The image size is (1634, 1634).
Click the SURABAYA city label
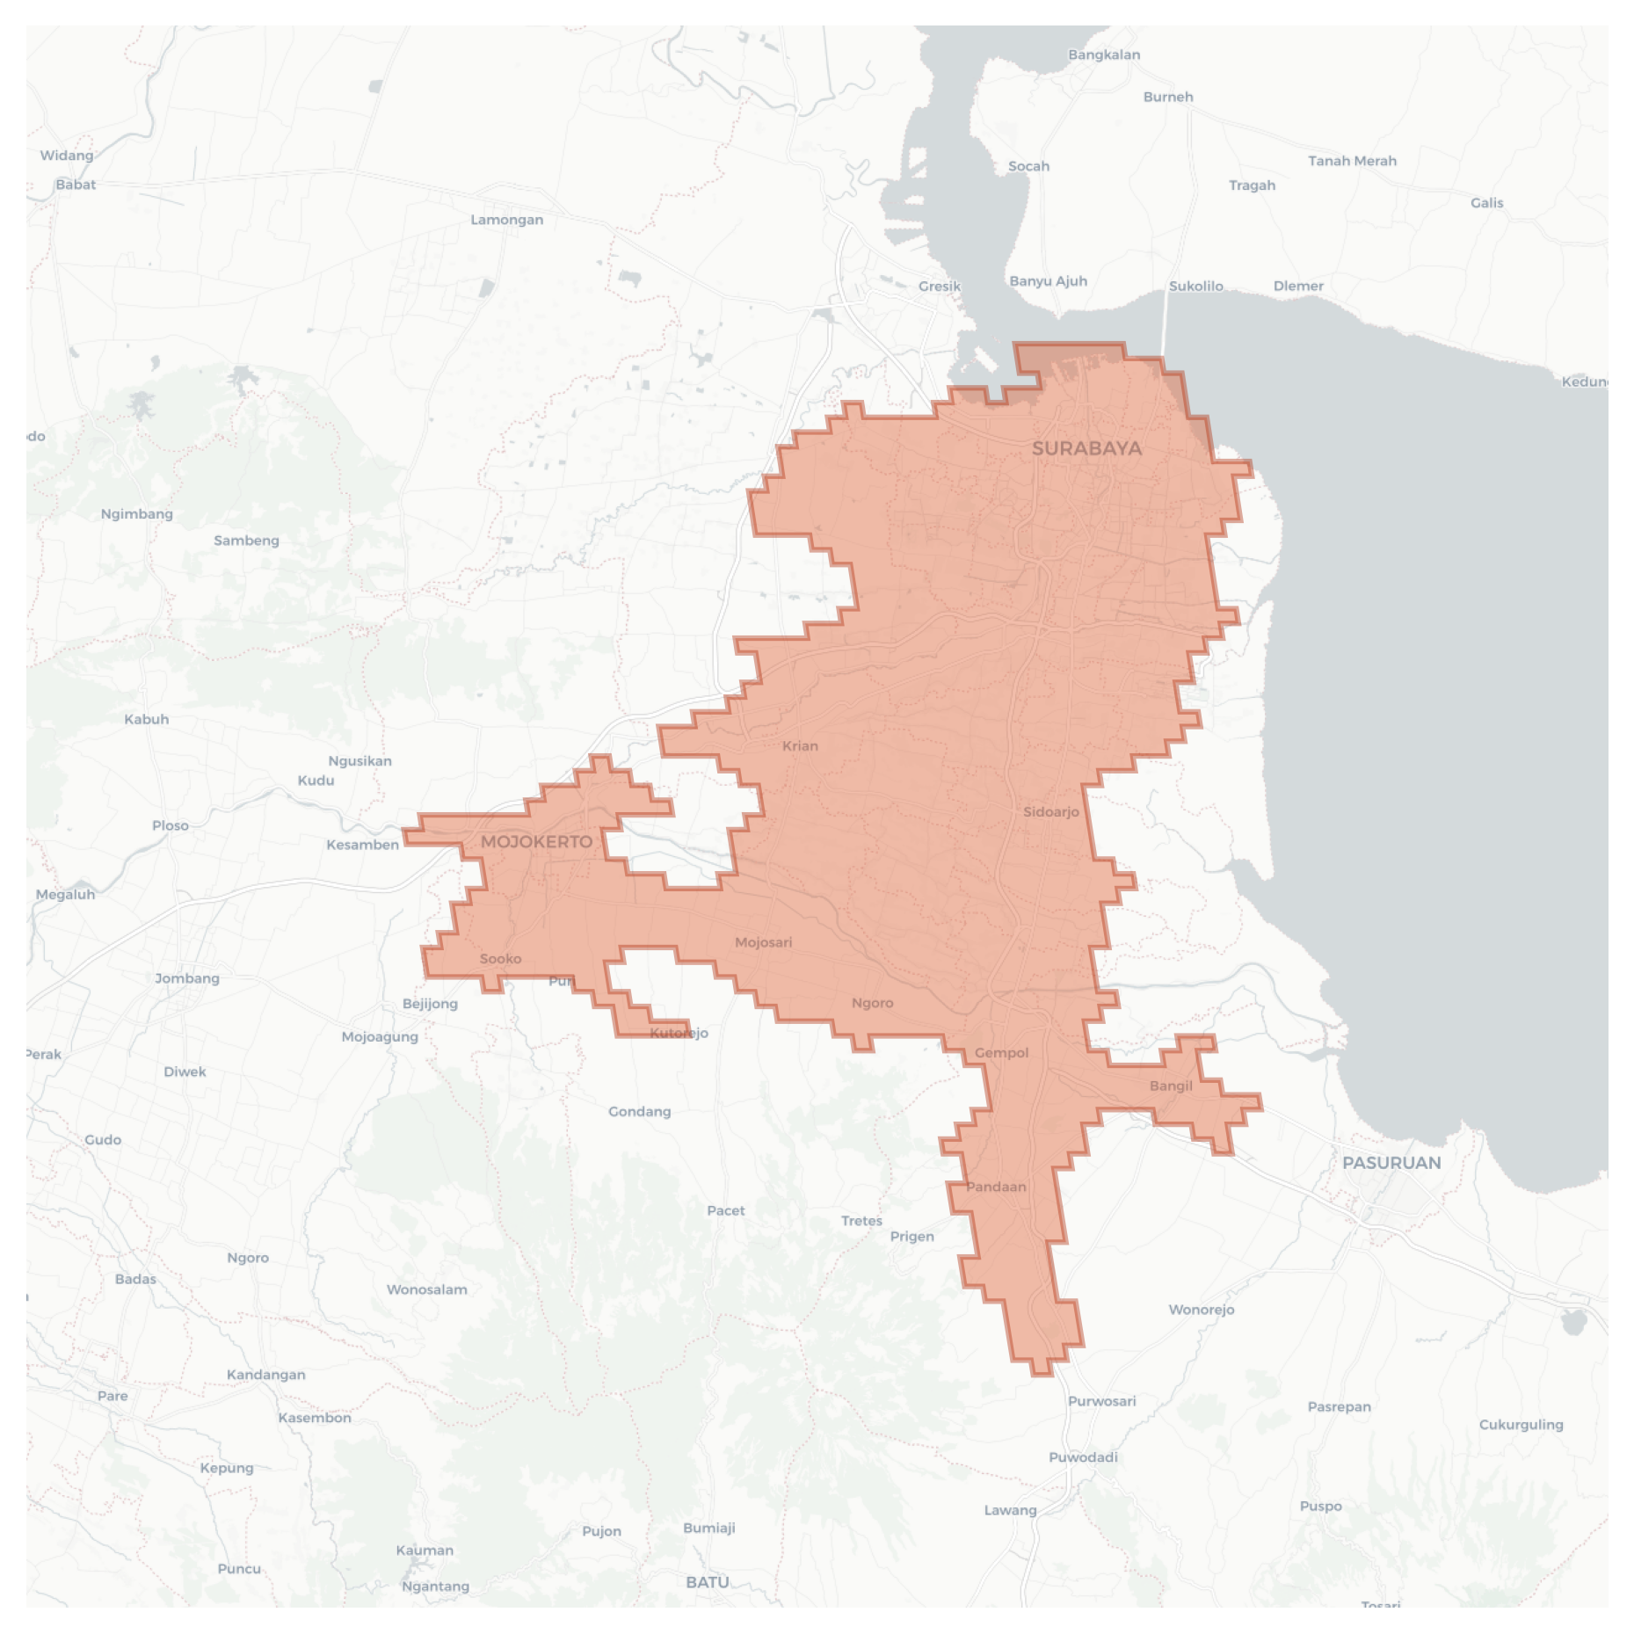(x=1086, y=448)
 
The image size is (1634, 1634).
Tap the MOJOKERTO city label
(x=536, y=842)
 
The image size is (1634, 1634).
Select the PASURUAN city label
(x=1391, y=1163)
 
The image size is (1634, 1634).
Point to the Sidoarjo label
(x=1050, y=811)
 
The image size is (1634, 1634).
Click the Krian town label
(x=800, y=746)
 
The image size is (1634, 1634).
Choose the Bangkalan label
(x=1104, y=54)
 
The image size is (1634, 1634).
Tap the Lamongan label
(x=506, y=220)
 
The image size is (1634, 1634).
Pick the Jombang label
(x=187, y=978)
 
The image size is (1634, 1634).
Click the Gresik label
(x=939, y=286)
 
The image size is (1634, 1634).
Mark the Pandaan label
(x=996, y=1187)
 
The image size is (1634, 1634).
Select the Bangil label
(x=1171, y=1086)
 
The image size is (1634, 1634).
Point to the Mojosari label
(x=763, y=942)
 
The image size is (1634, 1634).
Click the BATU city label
(x=708, y=1582)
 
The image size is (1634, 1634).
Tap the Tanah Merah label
(x=1352, y=161)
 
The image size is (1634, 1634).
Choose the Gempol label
(x=1001, y=1053)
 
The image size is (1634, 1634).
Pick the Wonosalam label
(x=427, y=1289)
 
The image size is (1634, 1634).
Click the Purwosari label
(x=1101, y=1401)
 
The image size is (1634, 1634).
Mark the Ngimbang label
(x=137, y=514)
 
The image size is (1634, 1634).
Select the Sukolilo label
(x=1195, y=286)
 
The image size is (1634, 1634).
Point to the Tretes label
(x=861, y=1221)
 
